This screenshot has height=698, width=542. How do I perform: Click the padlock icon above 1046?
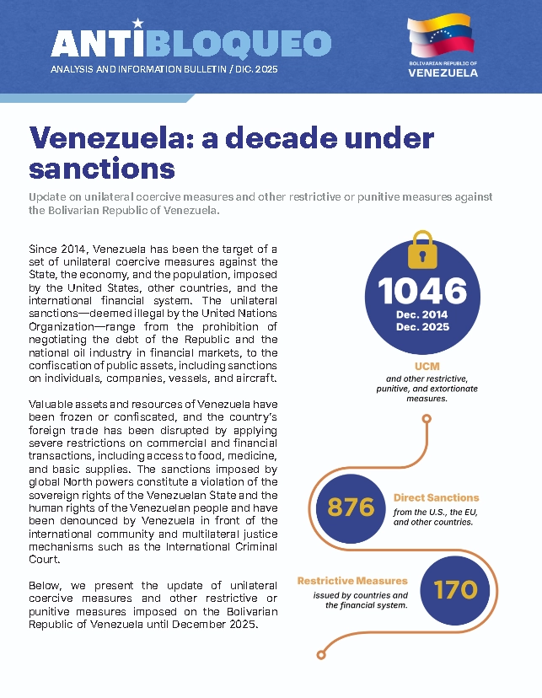pos(421,250)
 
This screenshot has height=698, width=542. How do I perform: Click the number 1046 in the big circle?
pos(422,291)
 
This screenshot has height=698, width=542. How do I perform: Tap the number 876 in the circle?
pos(350,507)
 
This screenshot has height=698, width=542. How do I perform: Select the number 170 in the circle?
pos(455,589)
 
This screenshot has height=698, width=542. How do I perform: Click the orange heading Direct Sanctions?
pos(436,498)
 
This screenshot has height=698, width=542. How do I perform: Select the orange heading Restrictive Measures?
pos(352,581)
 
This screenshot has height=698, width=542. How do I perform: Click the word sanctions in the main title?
pos(101,168)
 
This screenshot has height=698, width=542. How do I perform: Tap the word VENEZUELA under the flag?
pos(443,72)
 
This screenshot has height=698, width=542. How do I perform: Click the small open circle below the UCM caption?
pos(427,417)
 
